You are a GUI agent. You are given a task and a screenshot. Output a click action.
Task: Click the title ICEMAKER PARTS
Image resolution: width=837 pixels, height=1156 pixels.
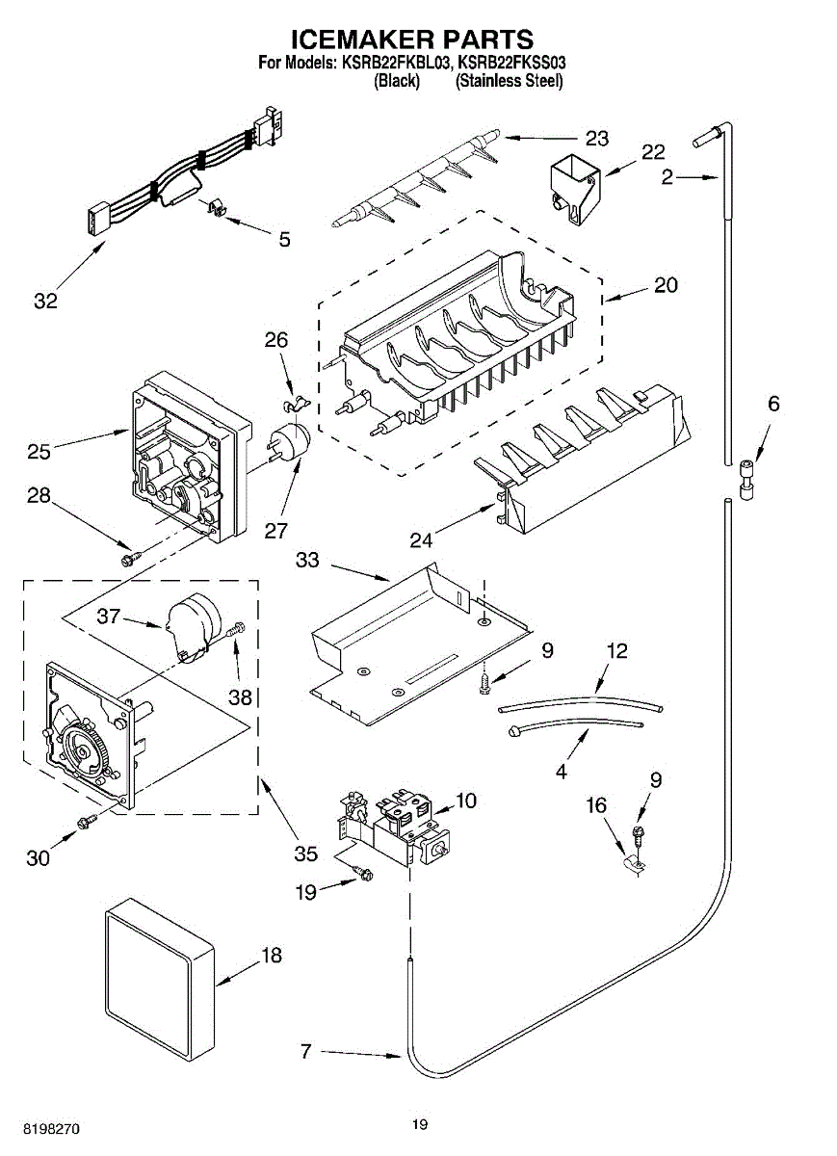point(411,39)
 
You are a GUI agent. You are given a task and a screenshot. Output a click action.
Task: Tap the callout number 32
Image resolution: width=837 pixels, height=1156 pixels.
point(45,301)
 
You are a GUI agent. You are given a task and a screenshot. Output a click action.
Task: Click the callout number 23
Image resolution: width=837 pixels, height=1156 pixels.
point(597,139)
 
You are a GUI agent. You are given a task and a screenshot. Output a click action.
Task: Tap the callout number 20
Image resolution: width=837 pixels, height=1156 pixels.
point(666,285)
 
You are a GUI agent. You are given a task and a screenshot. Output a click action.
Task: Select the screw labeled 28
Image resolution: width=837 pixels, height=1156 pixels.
point(129,557)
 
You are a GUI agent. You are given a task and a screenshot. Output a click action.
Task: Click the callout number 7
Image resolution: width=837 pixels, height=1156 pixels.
point(305,1051)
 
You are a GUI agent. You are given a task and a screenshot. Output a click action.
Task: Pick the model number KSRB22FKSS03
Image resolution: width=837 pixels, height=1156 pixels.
point(511,63)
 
